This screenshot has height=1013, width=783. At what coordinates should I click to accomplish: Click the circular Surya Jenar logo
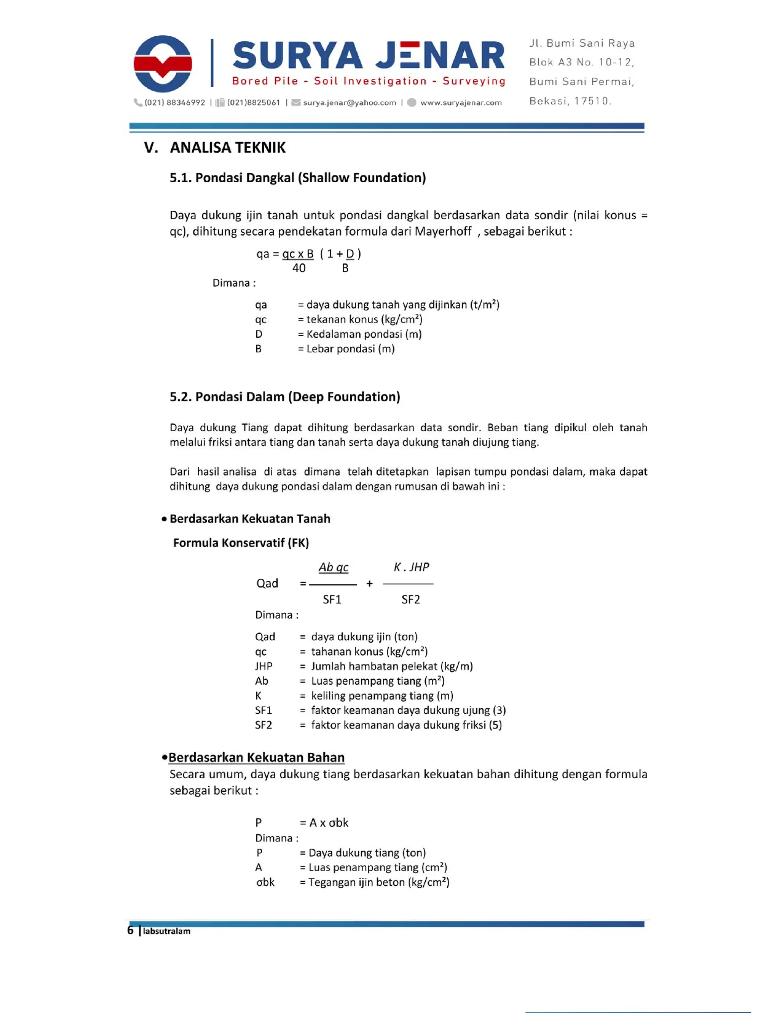coord(162,63)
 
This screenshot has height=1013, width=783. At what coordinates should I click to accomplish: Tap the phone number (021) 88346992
coord(174,102)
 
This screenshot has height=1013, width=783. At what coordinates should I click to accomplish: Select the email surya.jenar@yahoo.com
coord(349,102)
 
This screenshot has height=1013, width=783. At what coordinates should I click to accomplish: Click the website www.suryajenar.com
coord(461,102)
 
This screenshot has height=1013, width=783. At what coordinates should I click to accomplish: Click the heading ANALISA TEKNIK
coord(227,148)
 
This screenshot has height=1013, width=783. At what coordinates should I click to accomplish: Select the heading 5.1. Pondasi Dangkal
coord(297,178)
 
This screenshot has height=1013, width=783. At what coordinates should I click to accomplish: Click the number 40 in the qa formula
coord(299,268)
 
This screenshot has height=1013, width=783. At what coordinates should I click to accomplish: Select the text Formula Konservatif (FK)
coord(241,543)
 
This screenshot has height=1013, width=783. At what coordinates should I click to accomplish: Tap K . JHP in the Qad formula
coord(411,567)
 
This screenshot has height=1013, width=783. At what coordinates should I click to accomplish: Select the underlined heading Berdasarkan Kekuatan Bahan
coord(256,757)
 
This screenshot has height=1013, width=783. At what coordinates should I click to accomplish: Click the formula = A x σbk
coord(324,823)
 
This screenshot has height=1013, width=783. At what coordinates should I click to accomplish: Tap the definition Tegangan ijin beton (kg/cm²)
coord(379,882)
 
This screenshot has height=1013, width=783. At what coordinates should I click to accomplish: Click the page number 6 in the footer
coord(130,930)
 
